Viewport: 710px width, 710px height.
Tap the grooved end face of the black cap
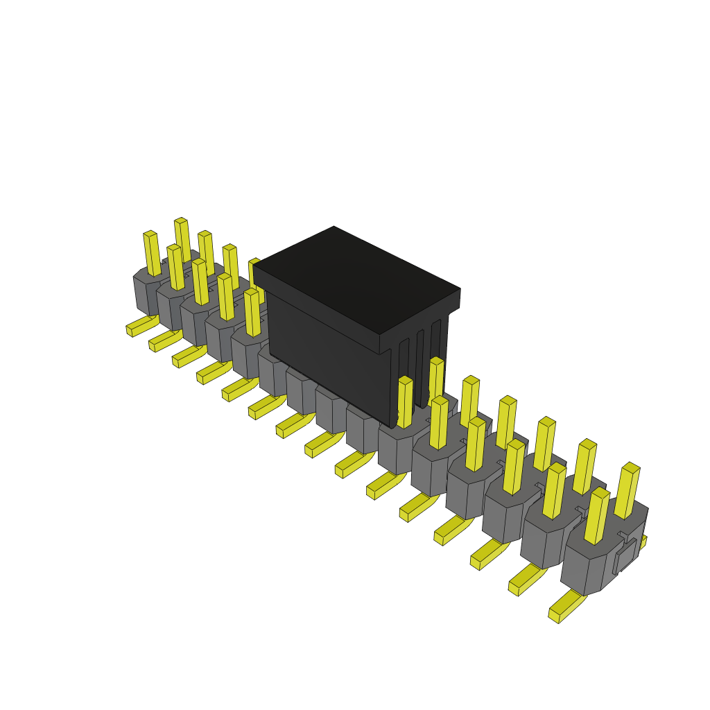point(420,361)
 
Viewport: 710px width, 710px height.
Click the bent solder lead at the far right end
point(566,607)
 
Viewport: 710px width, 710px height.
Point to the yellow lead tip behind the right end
point(643,542)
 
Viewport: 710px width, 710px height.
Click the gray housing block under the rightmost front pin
point(586,569)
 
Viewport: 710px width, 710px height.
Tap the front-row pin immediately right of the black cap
point(405,402)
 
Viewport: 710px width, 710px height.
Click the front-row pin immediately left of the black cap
point(252,312)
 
